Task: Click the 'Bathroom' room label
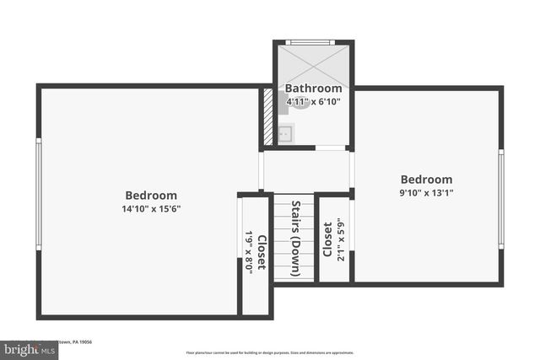coord(313,89)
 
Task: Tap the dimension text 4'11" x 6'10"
coord(313,102)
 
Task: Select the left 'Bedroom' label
coord(151,195)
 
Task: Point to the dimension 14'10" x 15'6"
coord(151,208)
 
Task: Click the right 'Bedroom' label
coord(426,179)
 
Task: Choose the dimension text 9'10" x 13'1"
coord(426,192)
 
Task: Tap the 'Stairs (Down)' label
coord(295,239)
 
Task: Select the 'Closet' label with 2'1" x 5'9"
coord(327,239)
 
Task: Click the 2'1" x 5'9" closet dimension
coord(339,239)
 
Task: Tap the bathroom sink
coord(284,132)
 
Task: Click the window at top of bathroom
coord(311,42)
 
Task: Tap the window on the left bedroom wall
coord(38,194)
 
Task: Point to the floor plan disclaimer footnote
coord(270,352)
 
